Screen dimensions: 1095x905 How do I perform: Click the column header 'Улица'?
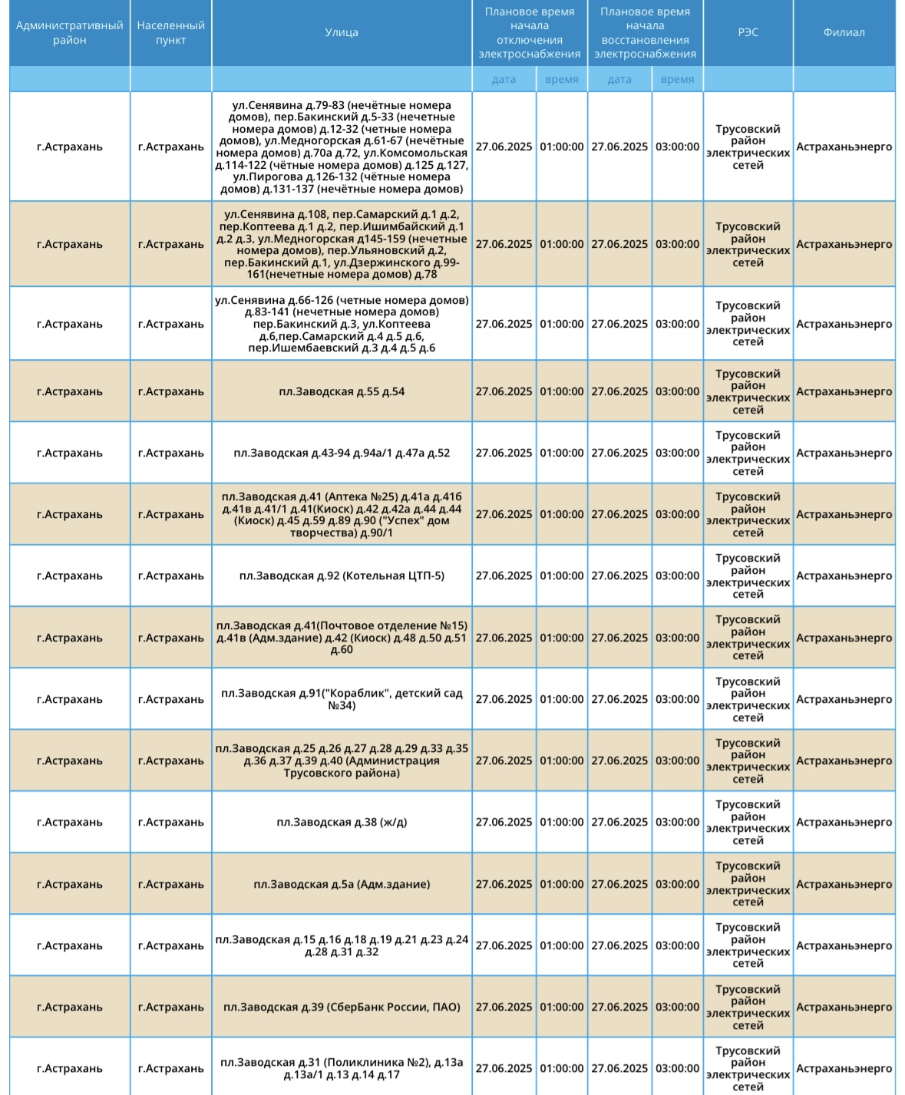(x=342, y=32)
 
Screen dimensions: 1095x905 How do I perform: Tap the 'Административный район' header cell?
(x=70, y=32)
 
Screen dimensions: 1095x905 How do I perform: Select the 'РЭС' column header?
(x=748, y=32)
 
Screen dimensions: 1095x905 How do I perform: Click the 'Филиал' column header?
(x=844, y=32)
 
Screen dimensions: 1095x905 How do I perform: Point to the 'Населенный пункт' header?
(x=170, y=32)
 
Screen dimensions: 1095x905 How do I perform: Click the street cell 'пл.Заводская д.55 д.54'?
(x=342, y=391)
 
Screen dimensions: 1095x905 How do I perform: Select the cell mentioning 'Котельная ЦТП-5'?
(x=342, y=576)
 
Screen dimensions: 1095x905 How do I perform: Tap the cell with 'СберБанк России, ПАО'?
(x=342, y=1007)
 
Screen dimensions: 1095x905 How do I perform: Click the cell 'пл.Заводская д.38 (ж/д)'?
(x=342, y=822)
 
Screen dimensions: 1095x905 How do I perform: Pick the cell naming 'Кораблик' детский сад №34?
(x=342, y=699)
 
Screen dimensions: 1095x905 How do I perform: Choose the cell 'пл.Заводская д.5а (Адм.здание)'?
(x=342, y=884)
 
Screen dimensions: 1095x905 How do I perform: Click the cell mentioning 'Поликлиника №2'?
(x=342, y=1068)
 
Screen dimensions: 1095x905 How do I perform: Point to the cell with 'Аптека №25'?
(x=342, y=514)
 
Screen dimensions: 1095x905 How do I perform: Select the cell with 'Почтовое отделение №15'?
(x=342, y=638)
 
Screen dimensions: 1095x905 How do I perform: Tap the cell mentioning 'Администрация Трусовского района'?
(x=342, y=760)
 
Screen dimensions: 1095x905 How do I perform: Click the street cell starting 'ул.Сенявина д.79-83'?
(x=342, y=147)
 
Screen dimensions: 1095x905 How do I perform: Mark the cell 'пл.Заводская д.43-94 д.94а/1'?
(x=342, y=453)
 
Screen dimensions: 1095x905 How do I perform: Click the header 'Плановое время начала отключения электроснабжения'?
(x=529, y=32)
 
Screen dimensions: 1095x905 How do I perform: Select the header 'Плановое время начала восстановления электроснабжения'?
(x=645, y=32)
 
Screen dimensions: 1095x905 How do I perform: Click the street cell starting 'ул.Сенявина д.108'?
(x=342, y=244)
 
